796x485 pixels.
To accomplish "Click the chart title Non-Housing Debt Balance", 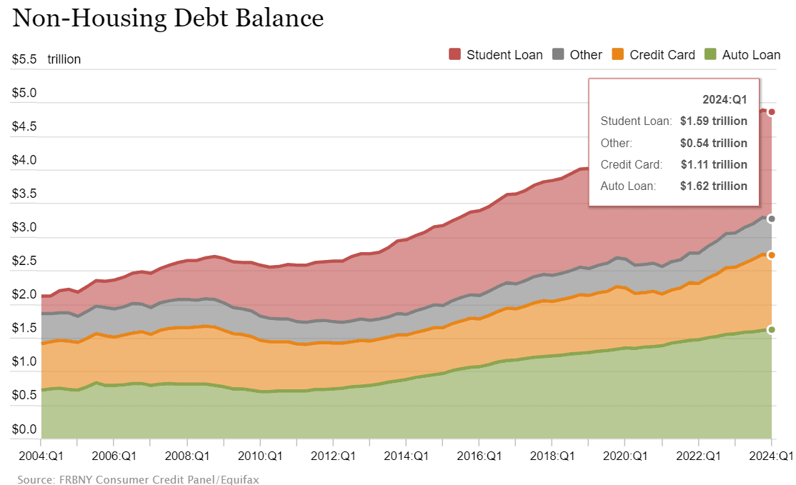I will (168, 19).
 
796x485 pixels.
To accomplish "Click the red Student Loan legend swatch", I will (454, 54).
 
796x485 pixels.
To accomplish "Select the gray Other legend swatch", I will (558, 54).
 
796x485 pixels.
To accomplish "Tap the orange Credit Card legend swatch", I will (618, 54).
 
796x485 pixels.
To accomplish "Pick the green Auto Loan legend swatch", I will (710, 54).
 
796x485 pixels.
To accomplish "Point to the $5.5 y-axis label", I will (24, 59).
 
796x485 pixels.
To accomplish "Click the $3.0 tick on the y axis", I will (24, 228).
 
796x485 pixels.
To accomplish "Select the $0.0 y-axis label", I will (24, 429).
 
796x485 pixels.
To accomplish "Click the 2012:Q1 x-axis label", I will (333, 456).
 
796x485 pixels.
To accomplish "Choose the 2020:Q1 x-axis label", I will (625, 456).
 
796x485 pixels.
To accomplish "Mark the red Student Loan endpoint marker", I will (771, 112).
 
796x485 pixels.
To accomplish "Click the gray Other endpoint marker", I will (771, 219).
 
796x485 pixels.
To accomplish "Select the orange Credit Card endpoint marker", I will (771, 255).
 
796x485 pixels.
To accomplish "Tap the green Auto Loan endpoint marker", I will (771, 329).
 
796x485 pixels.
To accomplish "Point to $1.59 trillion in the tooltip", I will (713, 121).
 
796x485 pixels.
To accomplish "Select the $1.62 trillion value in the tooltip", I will (713, 186).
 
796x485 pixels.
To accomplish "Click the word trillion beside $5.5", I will (64, 59).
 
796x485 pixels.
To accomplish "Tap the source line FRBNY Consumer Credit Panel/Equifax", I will (138, 479).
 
